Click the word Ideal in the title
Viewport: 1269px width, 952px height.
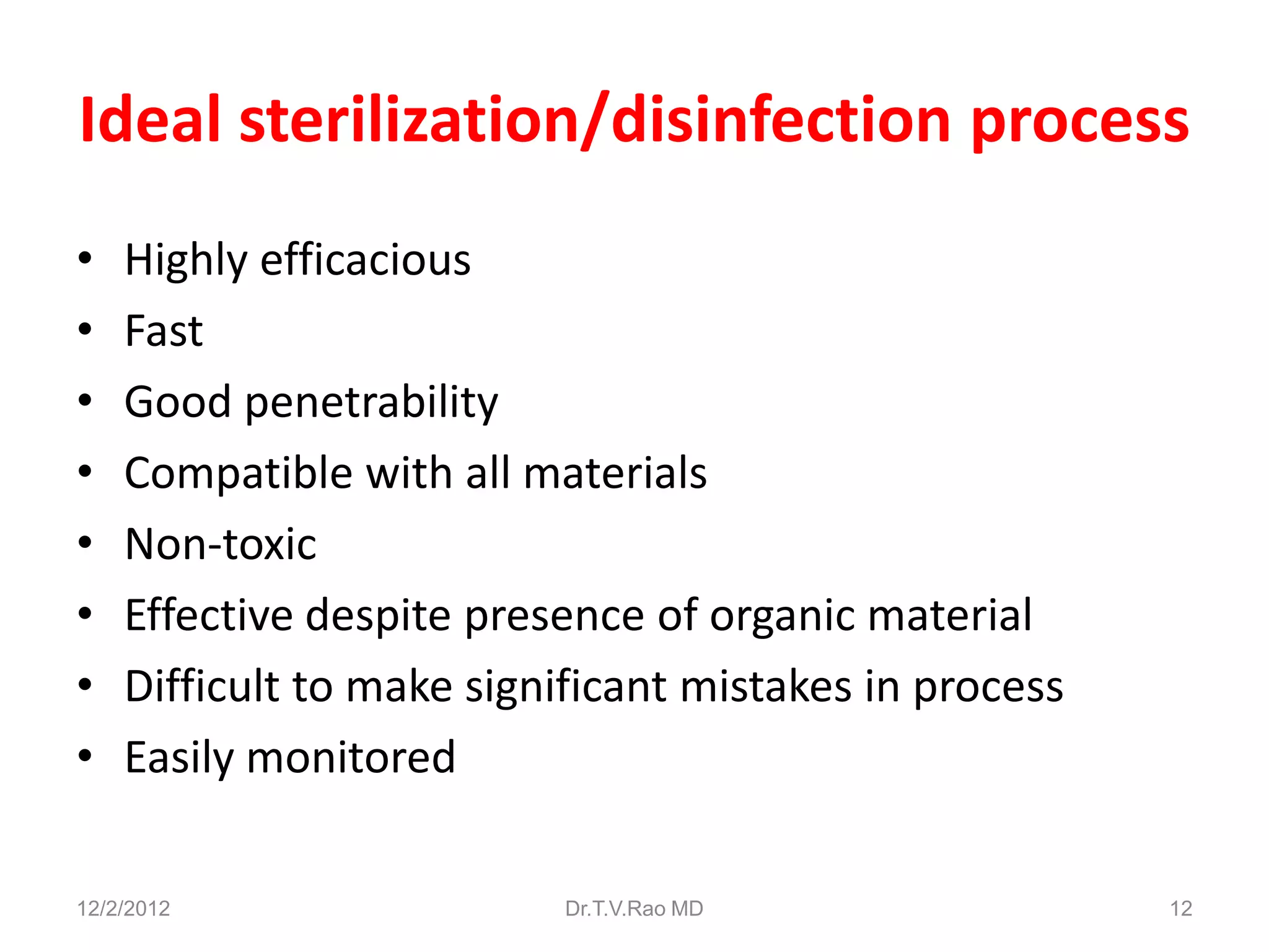(151, 120)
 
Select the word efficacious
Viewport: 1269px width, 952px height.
(365, 260)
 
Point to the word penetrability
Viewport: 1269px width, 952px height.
(371, 403)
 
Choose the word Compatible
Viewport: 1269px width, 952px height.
(239, 474)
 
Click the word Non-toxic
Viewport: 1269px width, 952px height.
(221, 544)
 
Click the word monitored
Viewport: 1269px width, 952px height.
(351, 757)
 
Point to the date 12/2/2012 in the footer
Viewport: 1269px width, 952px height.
(123, 909)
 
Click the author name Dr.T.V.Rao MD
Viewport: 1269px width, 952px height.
(634, 909)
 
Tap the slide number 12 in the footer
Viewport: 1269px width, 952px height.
(1180, 909)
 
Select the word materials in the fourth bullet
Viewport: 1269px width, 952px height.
(615, 474)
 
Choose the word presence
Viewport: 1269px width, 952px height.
(555, 616)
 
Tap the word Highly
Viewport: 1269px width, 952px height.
(186, 261)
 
